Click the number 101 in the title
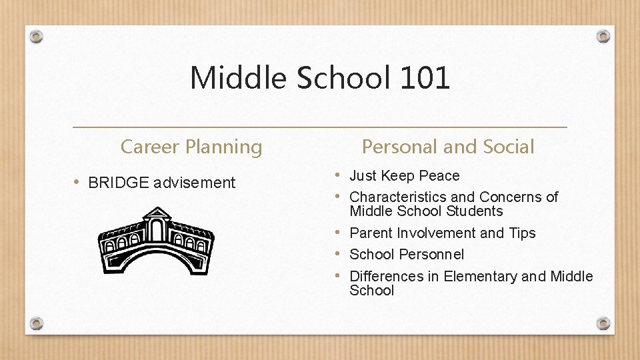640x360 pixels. tap(425, 78)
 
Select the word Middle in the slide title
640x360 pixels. tap(239, 78)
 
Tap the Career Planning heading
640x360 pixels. tap(191, 147)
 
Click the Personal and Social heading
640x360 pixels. tap(448, 147)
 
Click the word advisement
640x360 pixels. tap(195, 183)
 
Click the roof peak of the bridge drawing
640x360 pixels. tap(157, 211)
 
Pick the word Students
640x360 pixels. tap(475, 211)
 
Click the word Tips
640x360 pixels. tap(521, 233)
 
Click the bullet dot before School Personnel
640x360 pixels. tap(338, 254)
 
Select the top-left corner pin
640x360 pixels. tap(37, 36)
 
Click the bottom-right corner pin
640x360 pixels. tap(603, 323)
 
